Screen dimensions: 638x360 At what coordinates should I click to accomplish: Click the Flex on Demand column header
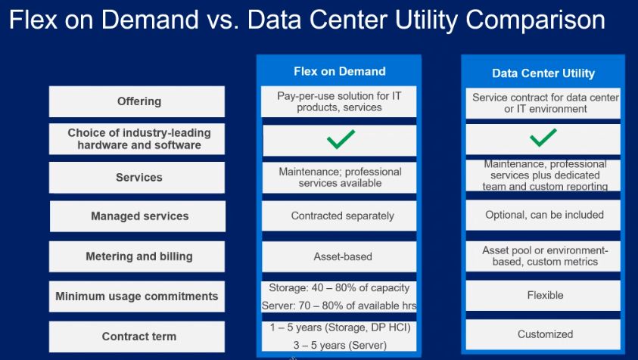coord(339,71)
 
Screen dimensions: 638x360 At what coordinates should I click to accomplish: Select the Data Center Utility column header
coord(543,73)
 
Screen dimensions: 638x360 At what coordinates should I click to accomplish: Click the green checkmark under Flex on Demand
coord(341,139)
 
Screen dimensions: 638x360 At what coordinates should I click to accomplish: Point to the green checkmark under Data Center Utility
coord(543,138)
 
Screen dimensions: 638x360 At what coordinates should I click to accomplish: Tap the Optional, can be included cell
coord(543,215)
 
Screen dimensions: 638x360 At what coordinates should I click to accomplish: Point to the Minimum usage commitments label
coord(137,296)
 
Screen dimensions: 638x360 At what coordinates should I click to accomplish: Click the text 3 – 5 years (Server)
coord(340,346)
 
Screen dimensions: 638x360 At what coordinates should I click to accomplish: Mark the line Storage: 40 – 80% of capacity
coord(339,287)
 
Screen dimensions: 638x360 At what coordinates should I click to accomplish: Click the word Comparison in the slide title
coord(536,20)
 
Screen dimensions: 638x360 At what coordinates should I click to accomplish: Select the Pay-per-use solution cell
coord(339,101)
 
